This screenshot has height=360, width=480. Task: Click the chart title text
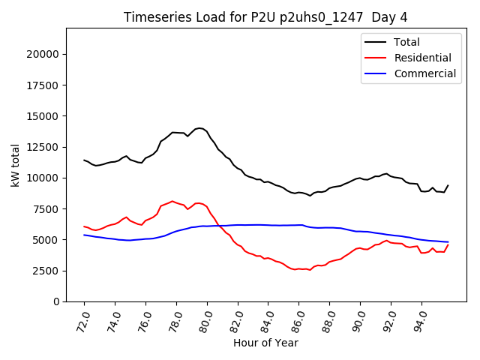(x=266, y=17)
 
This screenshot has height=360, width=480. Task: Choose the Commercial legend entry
(x=424, y=73)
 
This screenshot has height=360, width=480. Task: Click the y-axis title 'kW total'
(x=15, y=165)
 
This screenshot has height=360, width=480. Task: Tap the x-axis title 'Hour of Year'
(x=265, y=343)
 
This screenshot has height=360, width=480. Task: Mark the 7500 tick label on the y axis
(x=44, y=209)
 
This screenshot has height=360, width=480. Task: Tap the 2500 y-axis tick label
(x=44, y=271)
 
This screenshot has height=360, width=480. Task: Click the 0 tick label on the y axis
(x=55, y=301)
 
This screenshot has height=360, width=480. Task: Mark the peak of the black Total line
(x=199, y=128)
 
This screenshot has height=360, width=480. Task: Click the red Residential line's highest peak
(x=172, y=201)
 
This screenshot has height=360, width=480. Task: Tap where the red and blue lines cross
(x=220, y=226)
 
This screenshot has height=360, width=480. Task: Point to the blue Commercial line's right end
(x=448, y=242)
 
